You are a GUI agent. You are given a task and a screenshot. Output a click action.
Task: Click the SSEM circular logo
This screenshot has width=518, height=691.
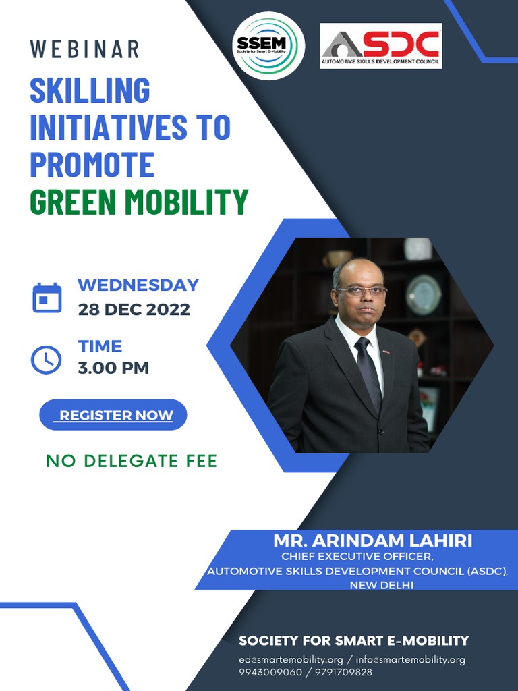click(x=268, y=46)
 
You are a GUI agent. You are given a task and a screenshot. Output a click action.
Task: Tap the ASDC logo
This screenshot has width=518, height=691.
click(x=381, y=46)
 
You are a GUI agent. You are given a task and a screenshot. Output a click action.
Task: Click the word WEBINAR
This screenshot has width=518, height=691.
click(x=85, y=49)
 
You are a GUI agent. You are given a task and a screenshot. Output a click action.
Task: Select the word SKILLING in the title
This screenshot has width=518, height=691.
click(x=90, y=90)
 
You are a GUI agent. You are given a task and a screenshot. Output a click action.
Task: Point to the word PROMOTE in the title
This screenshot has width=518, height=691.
click(x=92, y=164)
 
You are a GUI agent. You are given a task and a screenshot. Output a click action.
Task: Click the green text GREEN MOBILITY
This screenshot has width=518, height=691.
click(x=139, y=201)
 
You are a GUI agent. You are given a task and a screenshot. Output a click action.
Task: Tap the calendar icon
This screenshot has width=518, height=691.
click(x=47, y=298)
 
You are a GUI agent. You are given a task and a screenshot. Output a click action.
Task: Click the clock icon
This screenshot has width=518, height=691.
click(x=47, y=359)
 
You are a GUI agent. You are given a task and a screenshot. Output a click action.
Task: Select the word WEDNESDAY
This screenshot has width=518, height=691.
click(x=138, y=285)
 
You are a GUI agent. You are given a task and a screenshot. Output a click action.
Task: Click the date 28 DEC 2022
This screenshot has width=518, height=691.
click(x=134, y=310)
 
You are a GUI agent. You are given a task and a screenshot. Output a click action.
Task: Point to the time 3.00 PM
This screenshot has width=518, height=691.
click(x=113, y=368)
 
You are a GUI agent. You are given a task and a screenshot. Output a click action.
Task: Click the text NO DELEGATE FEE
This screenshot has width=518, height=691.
click(x=132, y=461)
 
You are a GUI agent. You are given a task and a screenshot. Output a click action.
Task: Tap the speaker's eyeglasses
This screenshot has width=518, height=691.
click(x=361, y=291)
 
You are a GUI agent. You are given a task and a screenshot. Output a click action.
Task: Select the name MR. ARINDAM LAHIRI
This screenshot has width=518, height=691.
click(x=373, y=541)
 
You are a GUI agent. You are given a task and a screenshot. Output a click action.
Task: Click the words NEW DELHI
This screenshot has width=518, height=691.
click(x=381, y=585)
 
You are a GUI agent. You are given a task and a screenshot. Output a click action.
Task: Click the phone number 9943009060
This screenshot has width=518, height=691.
click(x=270, y=672)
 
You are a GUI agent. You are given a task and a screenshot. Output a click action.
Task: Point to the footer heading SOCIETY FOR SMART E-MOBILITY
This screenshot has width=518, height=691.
click(x=353, y=640)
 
